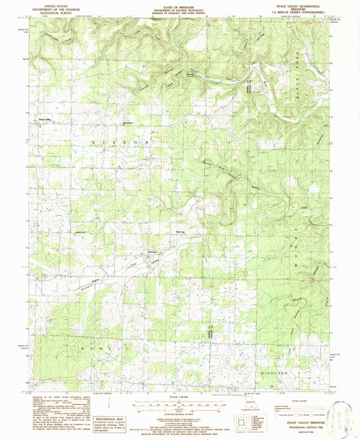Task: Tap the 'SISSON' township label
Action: click(x=119, y=143)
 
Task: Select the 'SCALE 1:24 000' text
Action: click(x=180, y=396)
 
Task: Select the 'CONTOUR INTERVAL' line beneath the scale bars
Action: click(x=180, y=412)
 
